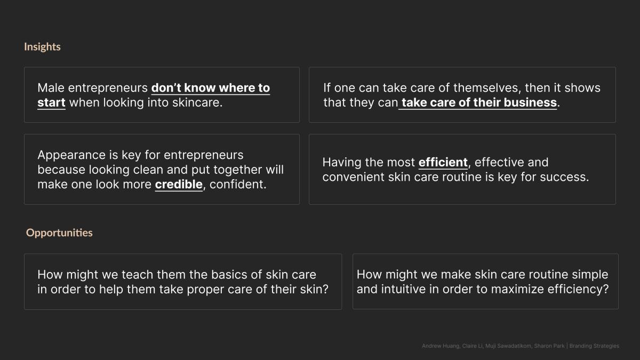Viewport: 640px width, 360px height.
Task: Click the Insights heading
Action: [42, 47]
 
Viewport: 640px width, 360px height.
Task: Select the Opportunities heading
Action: [59, 233]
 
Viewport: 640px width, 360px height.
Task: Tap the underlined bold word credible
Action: [179, 185]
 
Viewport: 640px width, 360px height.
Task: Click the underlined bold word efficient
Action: [443, 163]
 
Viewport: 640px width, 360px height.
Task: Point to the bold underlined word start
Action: [51, 102]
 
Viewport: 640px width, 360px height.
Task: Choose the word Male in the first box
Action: [51, 87]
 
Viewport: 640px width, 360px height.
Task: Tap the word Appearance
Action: [71, 155]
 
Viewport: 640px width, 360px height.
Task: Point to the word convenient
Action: [353, 177]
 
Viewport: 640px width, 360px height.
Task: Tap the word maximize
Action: [517, 289]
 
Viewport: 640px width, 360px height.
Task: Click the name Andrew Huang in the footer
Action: [441, 346]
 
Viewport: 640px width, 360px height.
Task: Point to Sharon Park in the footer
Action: [549, 346]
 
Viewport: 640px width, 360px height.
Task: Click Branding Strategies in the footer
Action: [594, 346]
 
